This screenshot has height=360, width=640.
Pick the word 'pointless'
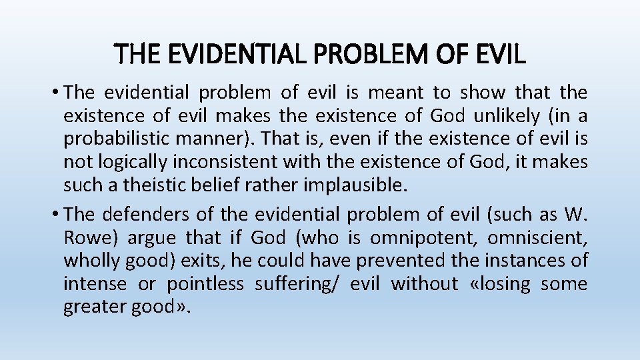205,284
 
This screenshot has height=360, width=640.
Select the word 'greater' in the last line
95,307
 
